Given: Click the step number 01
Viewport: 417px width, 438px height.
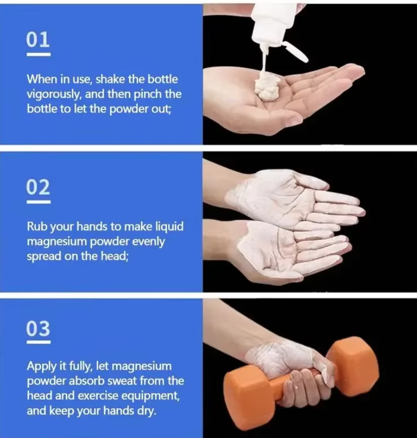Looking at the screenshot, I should click(x=38, y=39).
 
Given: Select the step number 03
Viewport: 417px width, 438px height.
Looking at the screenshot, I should click(x=38, y=328).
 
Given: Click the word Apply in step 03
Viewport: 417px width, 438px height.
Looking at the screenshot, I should click(x=39, y=366).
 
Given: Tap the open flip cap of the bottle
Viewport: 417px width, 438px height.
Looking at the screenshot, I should click(x=296, y=51).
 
